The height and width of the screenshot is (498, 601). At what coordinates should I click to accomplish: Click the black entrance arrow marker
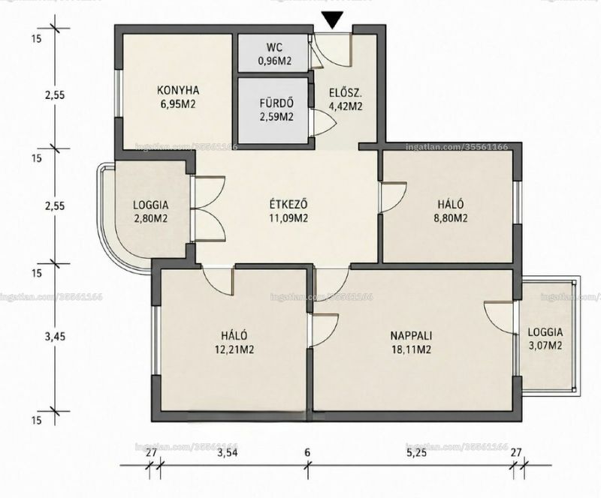332,20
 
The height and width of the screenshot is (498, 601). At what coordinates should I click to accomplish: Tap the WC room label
274,47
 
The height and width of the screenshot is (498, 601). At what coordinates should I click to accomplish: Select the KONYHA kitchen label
178,91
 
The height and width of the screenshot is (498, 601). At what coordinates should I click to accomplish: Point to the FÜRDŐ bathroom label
276,103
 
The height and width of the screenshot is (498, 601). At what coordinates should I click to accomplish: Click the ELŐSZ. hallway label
346,94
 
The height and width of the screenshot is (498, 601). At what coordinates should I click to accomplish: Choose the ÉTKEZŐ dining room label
288,204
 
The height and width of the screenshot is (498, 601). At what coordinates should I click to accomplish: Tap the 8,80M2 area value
451,217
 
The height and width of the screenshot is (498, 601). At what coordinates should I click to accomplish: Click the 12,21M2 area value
235,349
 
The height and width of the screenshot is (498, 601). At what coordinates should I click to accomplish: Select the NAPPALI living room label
411,336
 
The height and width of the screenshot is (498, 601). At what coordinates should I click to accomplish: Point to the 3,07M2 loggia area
545,346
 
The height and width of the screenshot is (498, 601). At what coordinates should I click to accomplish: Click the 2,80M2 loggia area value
151,218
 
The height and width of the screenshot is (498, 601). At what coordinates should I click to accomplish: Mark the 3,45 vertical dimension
55,337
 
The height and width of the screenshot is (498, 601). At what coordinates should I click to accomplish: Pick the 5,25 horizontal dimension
416,453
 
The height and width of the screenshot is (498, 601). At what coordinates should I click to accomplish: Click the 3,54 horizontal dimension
227,453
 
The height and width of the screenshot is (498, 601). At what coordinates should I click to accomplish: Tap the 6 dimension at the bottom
307,453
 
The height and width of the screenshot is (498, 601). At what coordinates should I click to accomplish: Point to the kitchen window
119,94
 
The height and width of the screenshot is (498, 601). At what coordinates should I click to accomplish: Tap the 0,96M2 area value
274,61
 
